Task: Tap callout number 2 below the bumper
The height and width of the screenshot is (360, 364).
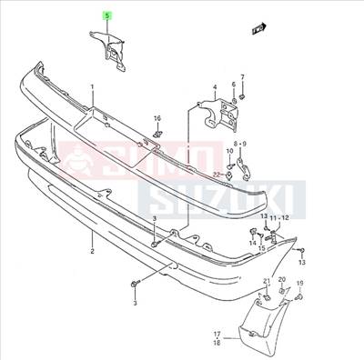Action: [x=92, y=245]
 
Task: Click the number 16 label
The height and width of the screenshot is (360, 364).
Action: [x=157, y=118]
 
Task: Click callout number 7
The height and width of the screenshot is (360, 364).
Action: [x=243, y=76]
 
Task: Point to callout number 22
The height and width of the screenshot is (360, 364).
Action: [x=217, y=173]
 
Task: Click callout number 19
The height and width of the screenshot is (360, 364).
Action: [x=299, y=284]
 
